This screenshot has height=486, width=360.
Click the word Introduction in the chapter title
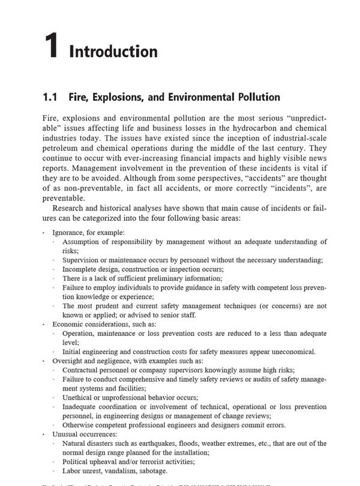click(113, 52)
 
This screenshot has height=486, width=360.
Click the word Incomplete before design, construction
click(83, 269)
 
